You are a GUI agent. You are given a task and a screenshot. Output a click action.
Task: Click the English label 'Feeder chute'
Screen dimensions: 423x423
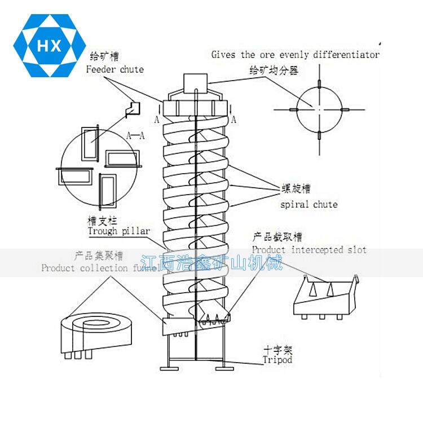[115, 69]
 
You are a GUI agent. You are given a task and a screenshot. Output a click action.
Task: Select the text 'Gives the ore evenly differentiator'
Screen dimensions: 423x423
[295, 55]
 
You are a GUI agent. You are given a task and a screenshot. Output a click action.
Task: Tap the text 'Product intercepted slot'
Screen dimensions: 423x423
[309, 249]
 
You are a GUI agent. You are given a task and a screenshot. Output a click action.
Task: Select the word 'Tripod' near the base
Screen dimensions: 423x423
[277, 359]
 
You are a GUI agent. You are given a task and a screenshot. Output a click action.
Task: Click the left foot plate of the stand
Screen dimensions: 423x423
[173, 368]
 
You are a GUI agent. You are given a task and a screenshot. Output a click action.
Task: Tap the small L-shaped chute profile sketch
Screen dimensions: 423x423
[133, 108]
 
